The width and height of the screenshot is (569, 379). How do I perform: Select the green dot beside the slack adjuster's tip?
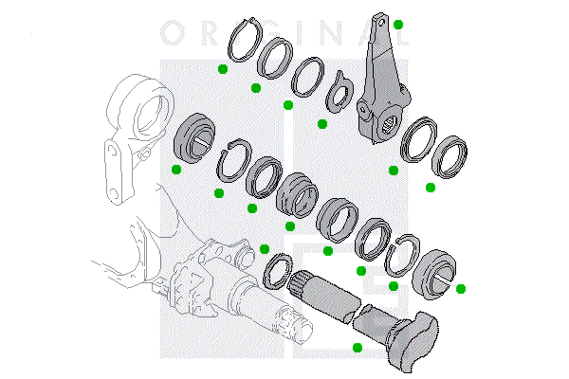[399, 24]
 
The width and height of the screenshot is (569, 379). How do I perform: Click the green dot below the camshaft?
[357, 348]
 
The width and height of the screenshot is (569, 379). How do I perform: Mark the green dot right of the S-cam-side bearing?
[462, 288]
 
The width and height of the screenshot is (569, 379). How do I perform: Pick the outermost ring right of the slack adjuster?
[450, 154]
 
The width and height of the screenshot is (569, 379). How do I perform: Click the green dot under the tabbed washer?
[321, 123]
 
